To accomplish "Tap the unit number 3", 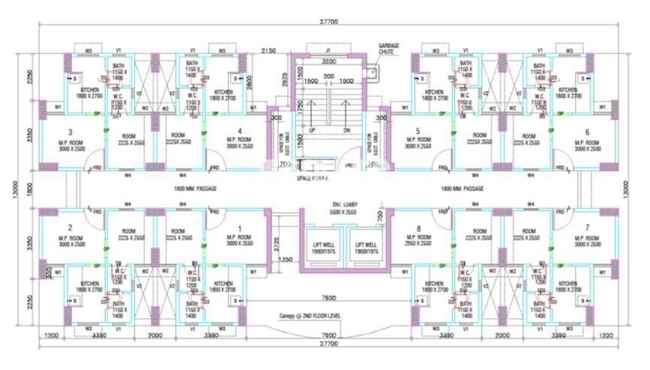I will pyautogui.click(x=69, y=132).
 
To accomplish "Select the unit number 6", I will pyautogui.click(x=586, y=132).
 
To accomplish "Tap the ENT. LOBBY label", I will pyautogui.click(x=345, y=208).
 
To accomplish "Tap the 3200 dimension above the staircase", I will pyautogui.click(x=328, y=61).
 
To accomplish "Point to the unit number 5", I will pyautogui.click(x=418, y=132).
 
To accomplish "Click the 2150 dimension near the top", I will pyautogui.click(x=269, y=50).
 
